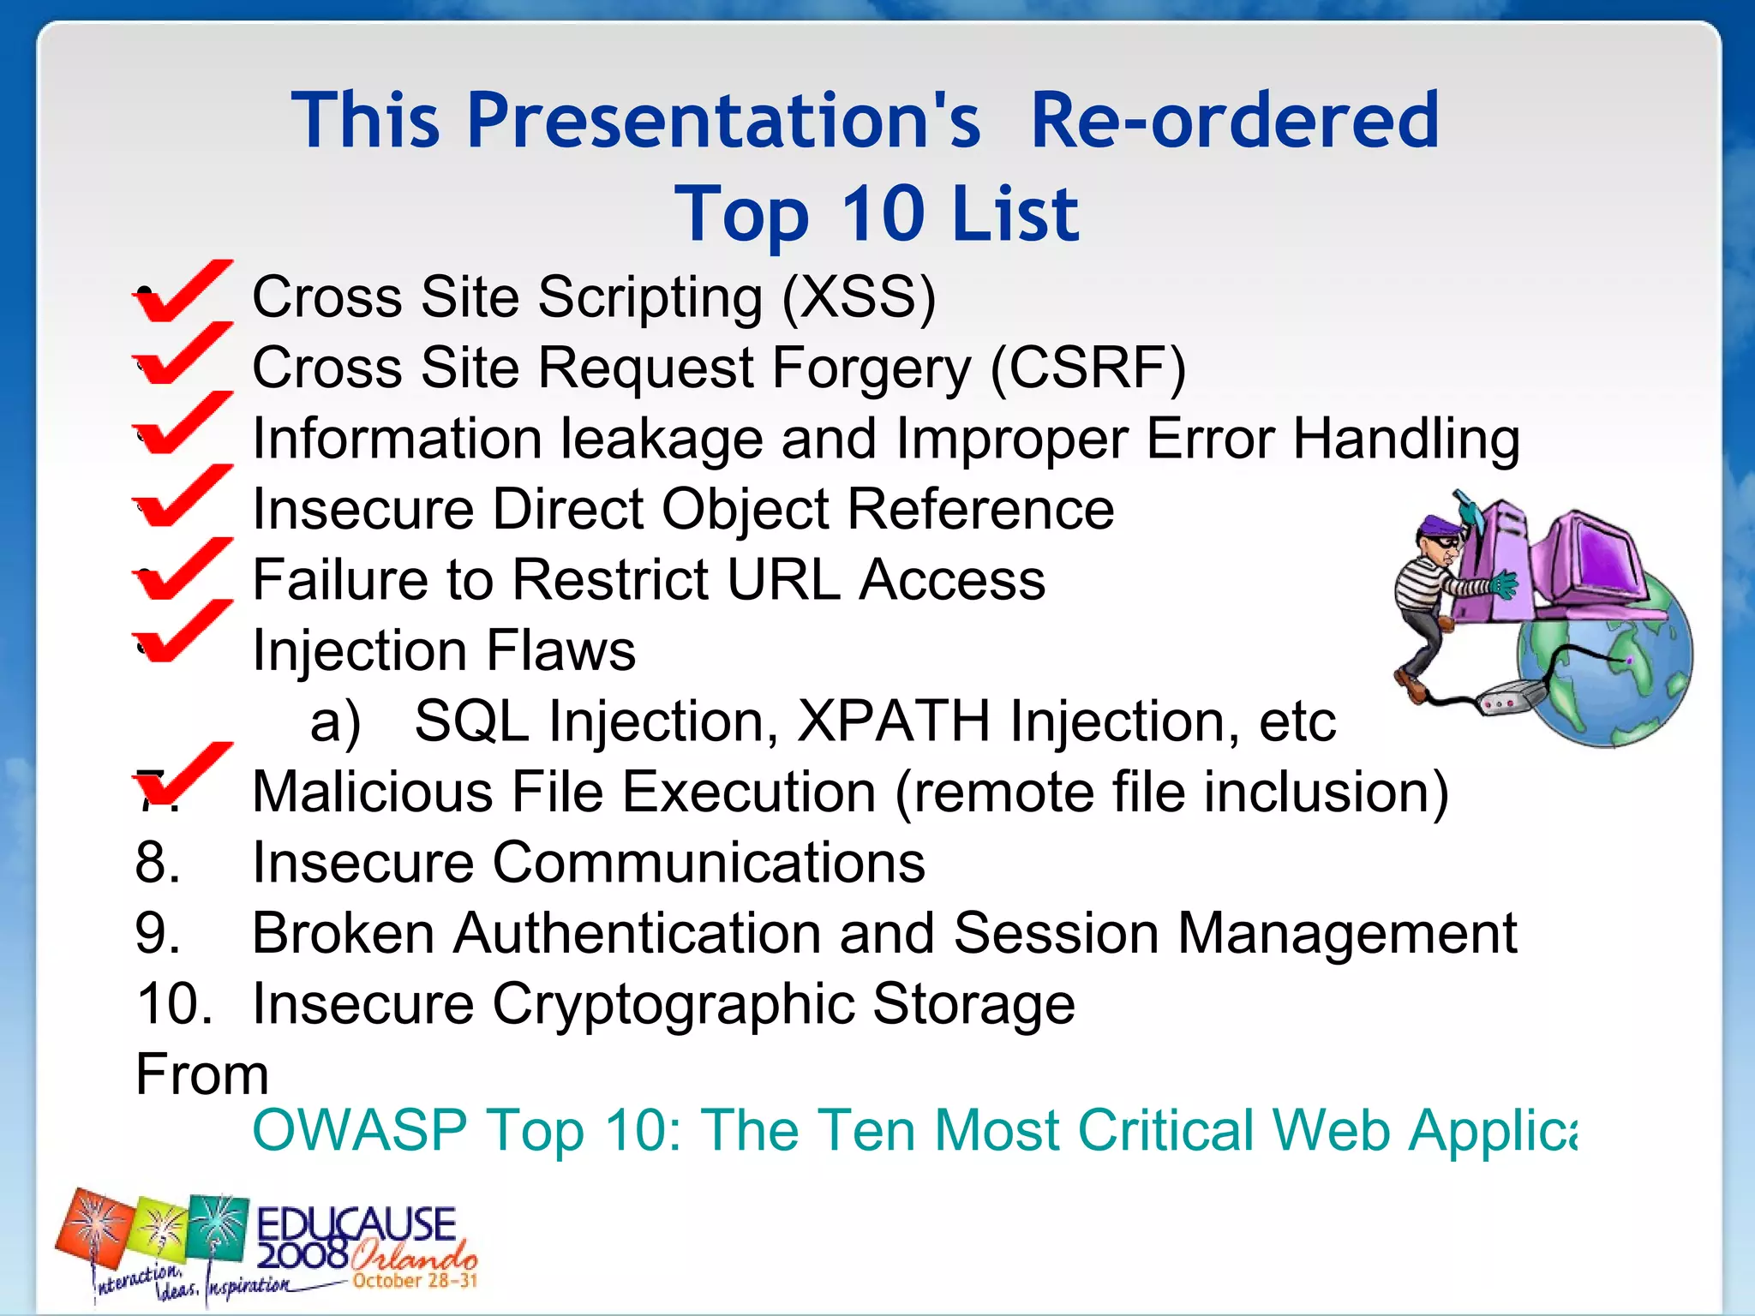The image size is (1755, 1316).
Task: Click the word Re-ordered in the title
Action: coord(1234,122)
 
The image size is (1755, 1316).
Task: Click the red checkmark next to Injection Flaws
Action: coord(182,631)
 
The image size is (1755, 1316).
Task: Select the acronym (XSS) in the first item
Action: coord(859,297)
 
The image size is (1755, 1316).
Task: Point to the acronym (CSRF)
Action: coord(1087,368)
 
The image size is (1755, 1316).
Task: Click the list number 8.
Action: coord(158,862)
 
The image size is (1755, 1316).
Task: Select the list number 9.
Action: coord(158,933)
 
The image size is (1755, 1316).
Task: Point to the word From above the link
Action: coord(202,1074)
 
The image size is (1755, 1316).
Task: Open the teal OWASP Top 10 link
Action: coord(913,1130)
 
